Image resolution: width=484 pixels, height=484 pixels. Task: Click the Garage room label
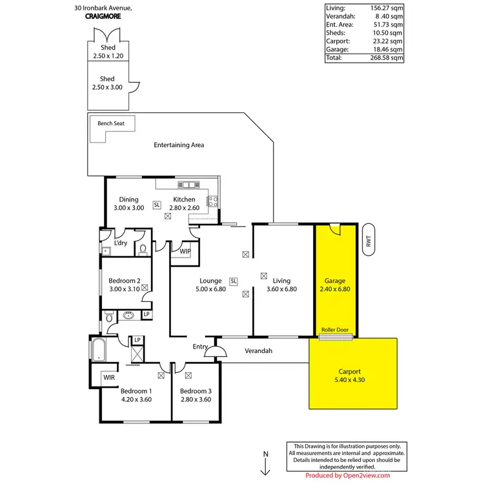tap(335, 281)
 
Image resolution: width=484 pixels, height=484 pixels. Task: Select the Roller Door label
tap(335, 330)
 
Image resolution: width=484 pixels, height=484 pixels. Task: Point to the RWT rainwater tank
tap(368, 240)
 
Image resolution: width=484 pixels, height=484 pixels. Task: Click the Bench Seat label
tap(111, 123)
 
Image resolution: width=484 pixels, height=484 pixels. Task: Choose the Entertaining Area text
tap(179, 145)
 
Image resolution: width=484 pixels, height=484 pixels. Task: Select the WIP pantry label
tap(185, 251)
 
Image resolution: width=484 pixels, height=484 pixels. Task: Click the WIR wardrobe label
tap(108, 377)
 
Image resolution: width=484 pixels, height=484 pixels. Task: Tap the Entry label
tap(200, 347)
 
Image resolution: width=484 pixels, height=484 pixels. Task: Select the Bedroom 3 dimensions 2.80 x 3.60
tap(196, 399)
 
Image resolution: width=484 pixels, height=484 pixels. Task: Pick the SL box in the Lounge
tap(234, 281)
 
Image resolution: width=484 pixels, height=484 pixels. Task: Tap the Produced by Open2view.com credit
tap(347, 476)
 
